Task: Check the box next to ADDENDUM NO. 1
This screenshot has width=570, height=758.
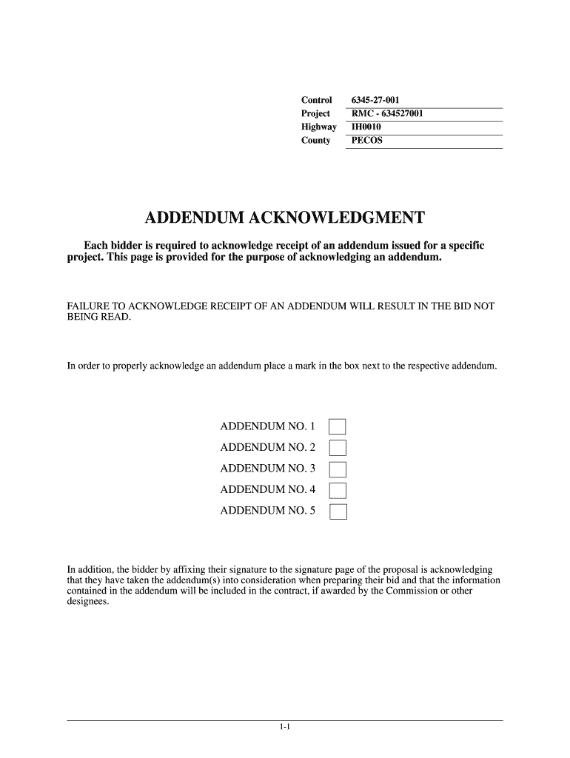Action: (x=338, y=426)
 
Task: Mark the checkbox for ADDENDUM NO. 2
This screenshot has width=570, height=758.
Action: (x=338, y=447)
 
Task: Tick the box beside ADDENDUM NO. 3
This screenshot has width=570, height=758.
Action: (x=338, y=469)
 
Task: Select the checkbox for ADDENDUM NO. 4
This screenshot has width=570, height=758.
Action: (x=338, y=489)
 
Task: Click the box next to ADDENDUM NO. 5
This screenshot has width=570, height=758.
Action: (x=338, y=511)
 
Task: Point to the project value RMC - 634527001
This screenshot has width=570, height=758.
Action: (x=387, y=113)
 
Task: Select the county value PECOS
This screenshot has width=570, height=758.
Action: (x=367, y=140)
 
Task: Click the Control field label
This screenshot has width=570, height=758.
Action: (x=316, y=100)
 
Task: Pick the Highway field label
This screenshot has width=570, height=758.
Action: (x=318, y=127)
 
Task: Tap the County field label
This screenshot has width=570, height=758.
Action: (x=315, y=140)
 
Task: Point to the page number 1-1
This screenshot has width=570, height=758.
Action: (x=285, y=728)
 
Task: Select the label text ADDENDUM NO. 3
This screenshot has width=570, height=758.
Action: (x=267, y=469)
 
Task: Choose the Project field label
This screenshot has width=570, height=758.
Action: (x=315, y=113)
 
